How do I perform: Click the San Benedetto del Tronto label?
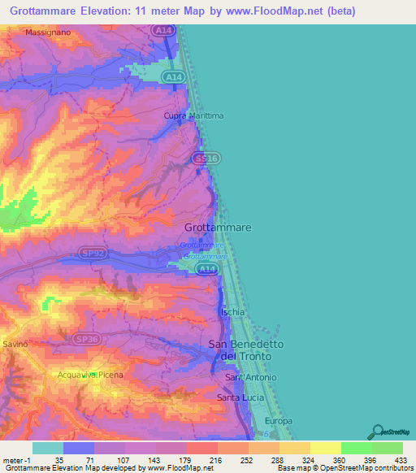click(246, 350)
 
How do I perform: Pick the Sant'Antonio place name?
click(250, 378)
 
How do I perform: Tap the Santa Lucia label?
click(239, 397)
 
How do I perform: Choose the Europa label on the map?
click(278, 421)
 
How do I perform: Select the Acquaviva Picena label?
click(89, 375)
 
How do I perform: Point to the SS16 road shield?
click(205, 159)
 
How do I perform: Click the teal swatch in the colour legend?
click(47, 448)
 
